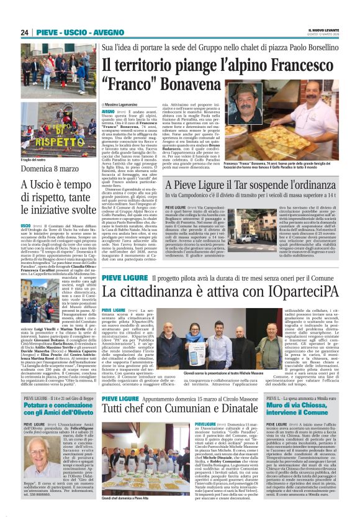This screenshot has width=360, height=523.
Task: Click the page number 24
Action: (x=25, y=32)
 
